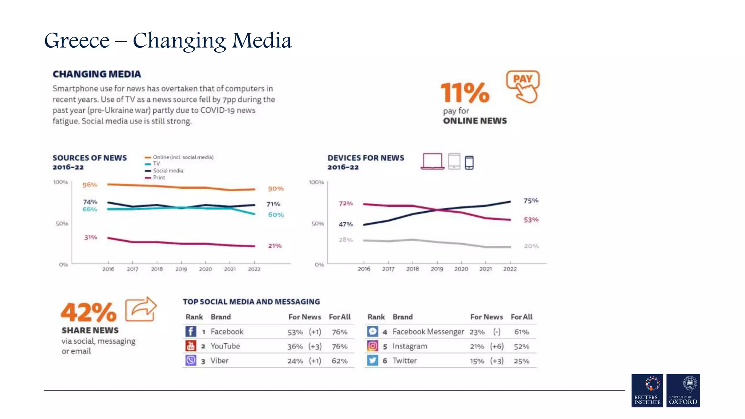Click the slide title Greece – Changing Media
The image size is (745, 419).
pos(168,41)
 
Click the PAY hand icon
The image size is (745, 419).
pos(523,87)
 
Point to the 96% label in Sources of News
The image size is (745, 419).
pos(89,185)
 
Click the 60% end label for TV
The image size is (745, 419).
pos(276,215)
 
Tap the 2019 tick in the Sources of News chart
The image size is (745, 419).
pos(181,269)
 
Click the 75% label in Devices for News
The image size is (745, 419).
pos(531,201)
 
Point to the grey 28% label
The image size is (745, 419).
pos(346,240)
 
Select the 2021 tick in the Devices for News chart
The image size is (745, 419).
pos(485,269)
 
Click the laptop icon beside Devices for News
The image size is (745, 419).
pos(432,161)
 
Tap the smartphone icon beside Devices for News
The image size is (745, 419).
pos(469,163)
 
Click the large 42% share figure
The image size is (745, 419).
pos(89,312)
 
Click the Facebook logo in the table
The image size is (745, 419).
pos(191,331)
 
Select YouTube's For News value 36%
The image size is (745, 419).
pos(295,347)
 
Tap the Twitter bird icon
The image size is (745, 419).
pos(372,360)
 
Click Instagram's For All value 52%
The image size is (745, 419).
pos(521,347)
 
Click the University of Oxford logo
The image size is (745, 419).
pos(683,390)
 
